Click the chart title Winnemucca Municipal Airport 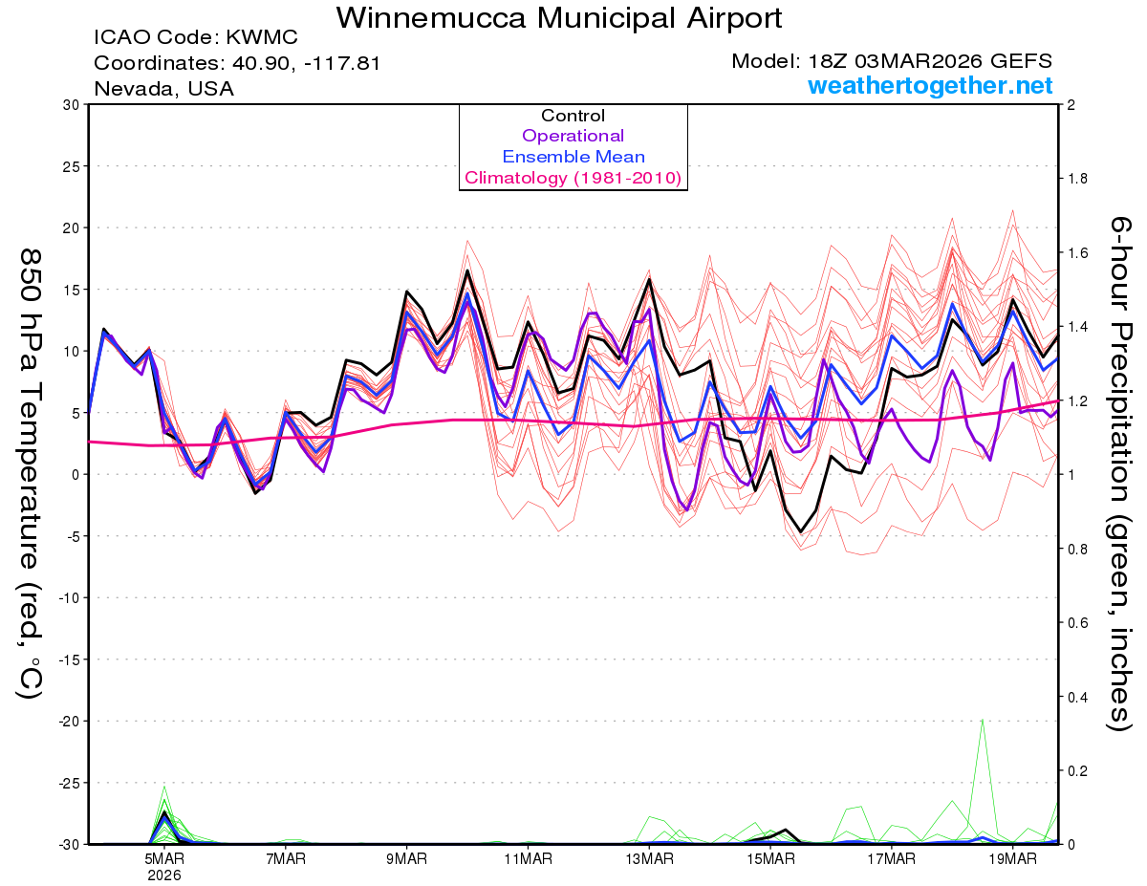559,17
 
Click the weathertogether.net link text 930,86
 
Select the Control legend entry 573,116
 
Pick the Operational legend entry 573,136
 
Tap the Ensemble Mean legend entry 573,157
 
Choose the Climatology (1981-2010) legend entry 573,178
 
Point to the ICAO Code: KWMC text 196,37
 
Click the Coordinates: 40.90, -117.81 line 238,63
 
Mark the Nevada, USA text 163,89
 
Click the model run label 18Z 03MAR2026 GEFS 892,61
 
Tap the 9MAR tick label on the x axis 407,859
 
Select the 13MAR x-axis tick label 649,859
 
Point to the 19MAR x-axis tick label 1012,859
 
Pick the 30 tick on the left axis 71,104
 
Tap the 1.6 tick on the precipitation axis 1077,253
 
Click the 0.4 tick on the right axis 1077,697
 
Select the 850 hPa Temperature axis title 31,473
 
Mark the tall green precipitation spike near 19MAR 983,723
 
